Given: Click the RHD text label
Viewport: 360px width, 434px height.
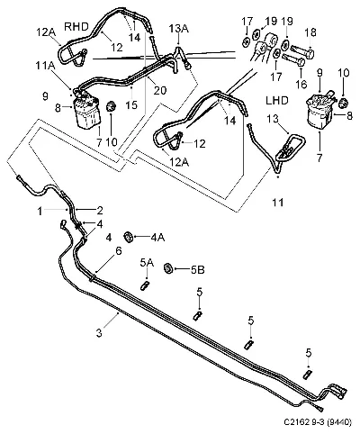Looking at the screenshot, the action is coord(76,27).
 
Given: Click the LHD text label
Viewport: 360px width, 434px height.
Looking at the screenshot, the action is coord(277,100).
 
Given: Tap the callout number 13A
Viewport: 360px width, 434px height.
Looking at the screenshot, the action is coord(178,29).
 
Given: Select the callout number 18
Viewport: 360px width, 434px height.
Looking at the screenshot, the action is coord(310,32).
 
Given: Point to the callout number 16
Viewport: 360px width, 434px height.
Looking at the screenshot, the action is coord(301,85).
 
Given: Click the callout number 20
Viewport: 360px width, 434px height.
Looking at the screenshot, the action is coord(159,90).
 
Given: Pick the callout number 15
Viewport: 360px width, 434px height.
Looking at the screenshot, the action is coord(131,104).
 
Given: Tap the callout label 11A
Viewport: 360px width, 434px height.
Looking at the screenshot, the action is coord(45,66).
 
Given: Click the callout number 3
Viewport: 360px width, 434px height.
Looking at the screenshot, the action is coord(99,333).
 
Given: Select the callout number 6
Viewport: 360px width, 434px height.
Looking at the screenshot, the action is coord(119,251).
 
